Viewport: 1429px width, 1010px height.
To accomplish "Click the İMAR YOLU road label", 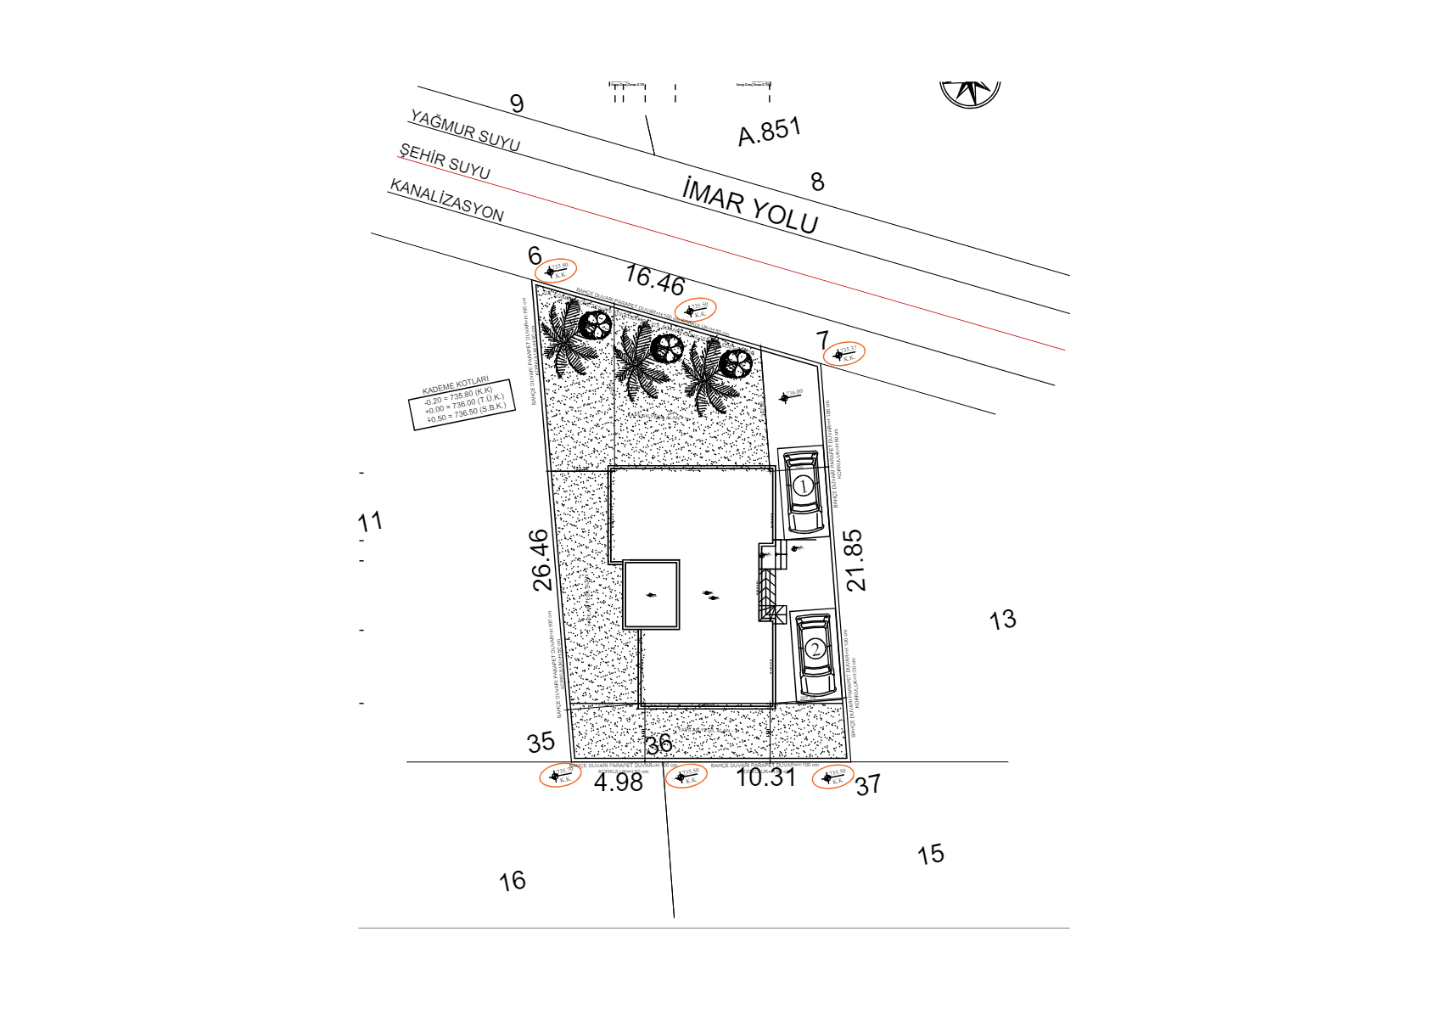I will click(750, 206).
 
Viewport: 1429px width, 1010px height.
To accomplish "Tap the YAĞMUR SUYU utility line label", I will click(465, 131).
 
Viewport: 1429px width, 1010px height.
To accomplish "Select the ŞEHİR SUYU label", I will click(445, 161).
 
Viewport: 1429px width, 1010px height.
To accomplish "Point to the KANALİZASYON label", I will click(446, 200).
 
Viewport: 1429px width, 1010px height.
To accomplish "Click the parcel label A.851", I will click(769, 132).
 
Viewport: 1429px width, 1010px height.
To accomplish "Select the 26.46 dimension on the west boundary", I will click(541, 560).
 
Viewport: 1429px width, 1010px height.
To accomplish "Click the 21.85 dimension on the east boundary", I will click(855, 560).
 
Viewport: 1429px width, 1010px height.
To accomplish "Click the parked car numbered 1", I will click(802, 491).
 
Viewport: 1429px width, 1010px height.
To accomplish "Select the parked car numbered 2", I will click(815, 654).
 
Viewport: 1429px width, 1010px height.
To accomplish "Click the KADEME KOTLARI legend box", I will click(463, 403).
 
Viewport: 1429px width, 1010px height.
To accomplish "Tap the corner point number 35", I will click(541, 743).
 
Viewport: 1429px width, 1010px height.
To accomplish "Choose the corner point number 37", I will click(867, 785).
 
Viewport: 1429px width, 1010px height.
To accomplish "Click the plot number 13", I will click(1002, 620).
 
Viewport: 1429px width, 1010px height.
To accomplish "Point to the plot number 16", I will click(512, 882).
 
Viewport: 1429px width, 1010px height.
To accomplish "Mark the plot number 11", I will click(370, 522).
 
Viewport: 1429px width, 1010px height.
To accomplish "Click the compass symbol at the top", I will click(970, 92).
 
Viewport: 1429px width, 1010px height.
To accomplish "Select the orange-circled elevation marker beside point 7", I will click(844, 354).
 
